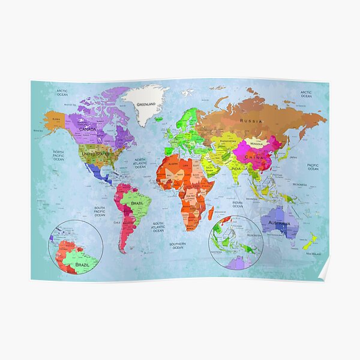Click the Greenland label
pos(146,104)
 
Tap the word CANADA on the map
pos(88,129)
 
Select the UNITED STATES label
pos(96,154)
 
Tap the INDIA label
pos(236,169)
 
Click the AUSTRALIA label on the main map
pos(280,223)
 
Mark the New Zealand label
pos(314,254)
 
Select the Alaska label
pos(56,119)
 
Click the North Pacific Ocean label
pos(58,155)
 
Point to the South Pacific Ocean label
pos(100,211)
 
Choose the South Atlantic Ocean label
pos(158,226)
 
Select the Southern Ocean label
pos(177,245)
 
